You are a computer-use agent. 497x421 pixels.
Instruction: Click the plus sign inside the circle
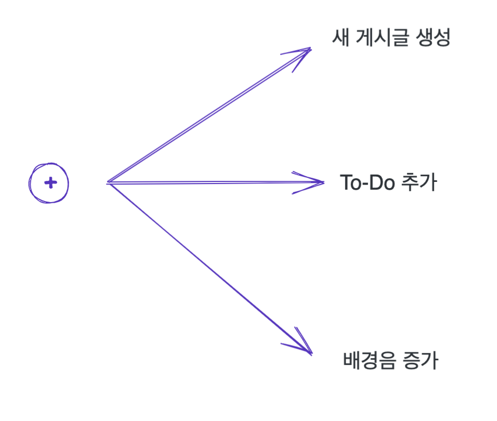tap(50, 183)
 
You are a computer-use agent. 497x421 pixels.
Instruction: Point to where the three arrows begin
tap(108, 182)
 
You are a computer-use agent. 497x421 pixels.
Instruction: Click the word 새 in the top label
tap(340, 37)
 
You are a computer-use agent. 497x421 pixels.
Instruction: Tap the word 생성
tap(433, 37)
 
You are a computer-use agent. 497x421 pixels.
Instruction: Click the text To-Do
tap(369, 182)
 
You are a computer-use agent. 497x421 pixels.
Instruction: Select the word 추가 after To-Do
tap(420, 182)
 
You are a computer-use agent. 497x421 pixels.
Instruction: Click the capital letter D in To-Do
tap(379, 182)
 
